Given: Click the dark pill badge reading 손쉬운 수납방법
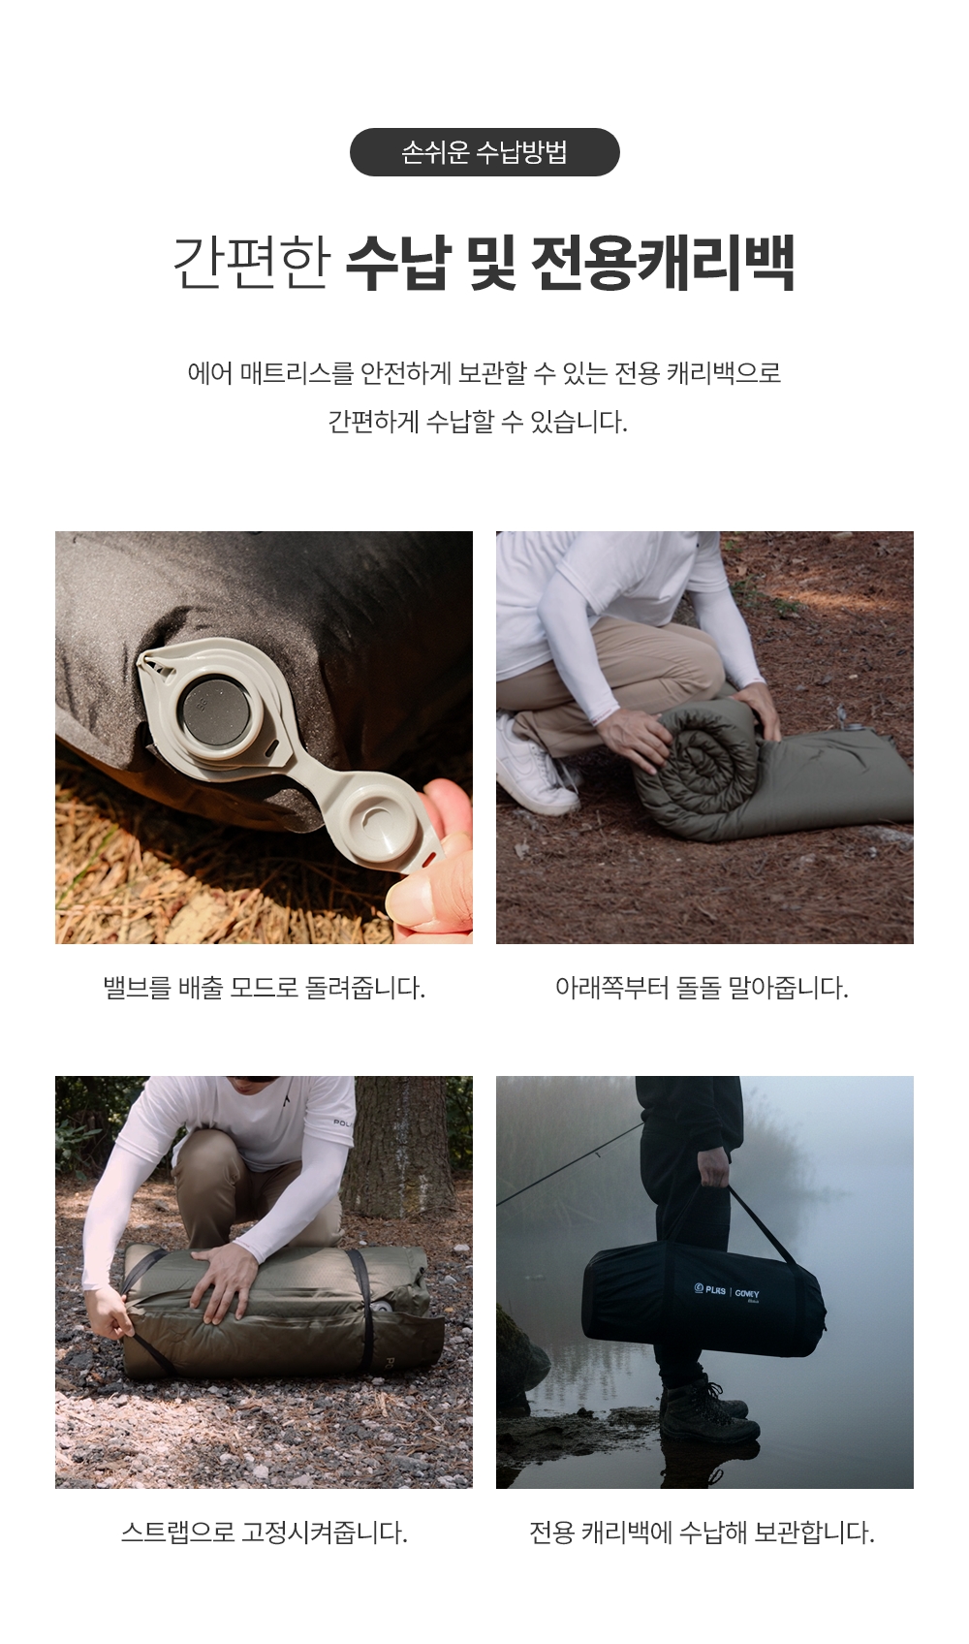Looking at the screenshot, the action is tap(484, 152).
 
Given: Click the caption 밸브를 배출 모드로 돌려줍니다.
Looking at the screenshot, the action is tap(265, 987).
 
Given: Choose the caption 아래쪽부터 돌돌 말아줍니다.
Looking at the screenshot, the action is tap(702, 987).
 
